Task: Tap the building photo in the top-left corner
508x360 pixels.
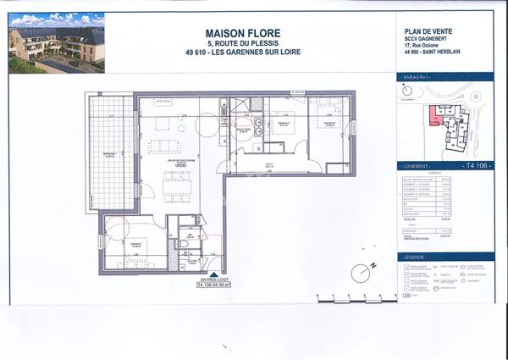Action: [56, 42]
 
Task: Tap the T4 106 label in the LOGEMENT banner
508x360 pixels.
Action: [476, 168]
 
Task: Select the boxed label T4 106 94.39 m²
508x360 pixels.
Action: [213, 285]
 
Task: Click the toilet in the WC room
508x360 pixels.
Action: [185, 244]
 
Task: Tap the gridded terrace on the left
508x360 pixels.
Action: [110, 152]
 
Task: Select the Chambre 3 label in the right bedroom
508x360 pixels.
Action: [329, 124]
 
